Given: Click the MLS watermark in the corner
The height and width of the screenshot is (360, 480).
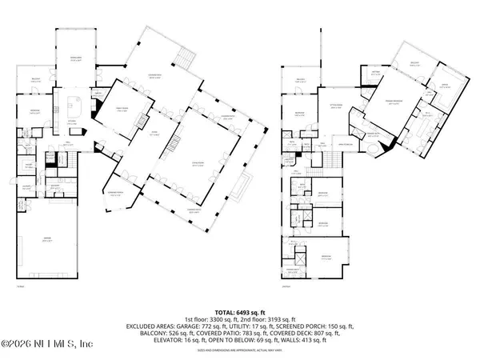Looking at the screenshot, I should coord(48,345).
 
